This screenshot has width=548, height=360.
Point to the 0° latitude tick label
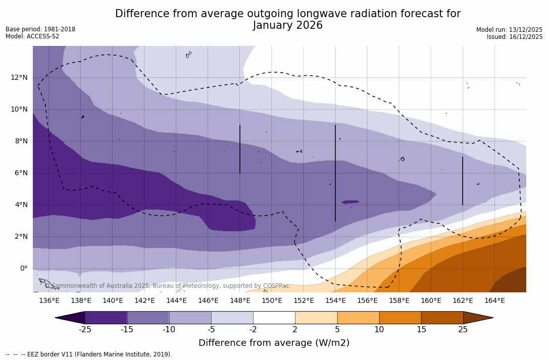click(23, 268)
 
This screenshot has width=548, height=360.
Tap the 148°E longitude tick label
click(240, 301)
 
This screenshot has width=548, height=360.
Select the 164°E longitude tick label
click(494, 301)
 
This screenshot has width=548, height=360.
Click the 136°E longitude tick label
click(49, 301)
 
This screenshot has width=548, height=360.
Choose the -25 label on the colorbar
click(85, 330)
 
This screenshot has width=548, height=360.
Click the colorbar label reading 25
click(463, 330)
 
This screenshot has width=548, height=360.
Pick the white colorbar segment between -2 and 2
click(274, 318)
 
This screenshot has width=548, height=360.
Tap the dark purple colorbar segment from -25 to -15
click(106, 318)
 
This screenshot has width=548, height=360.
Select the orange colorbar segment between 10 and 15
click(400, 318)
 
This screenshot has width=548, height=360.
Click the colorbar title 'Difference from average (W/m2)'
click(274, 343)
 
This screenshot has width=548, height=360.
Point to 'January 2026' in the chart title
click(287, 26)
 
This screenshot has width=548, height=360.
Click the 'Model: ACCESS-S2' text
click(32, 36)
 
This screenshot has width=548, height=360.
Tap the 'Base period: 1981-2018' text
click(40, 29)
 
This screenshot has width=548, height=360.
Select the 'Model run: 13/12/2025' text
click(509, 30)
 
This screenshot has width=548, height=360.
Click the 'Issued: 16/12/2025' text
click(515, 37)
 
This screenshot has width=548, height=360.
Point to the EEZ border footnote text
click(88, 354)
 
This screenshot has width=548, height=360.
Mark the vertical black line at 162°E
click(463, 181)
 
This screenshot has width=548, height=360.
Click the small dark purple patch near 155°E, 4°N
click(350, 202)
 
